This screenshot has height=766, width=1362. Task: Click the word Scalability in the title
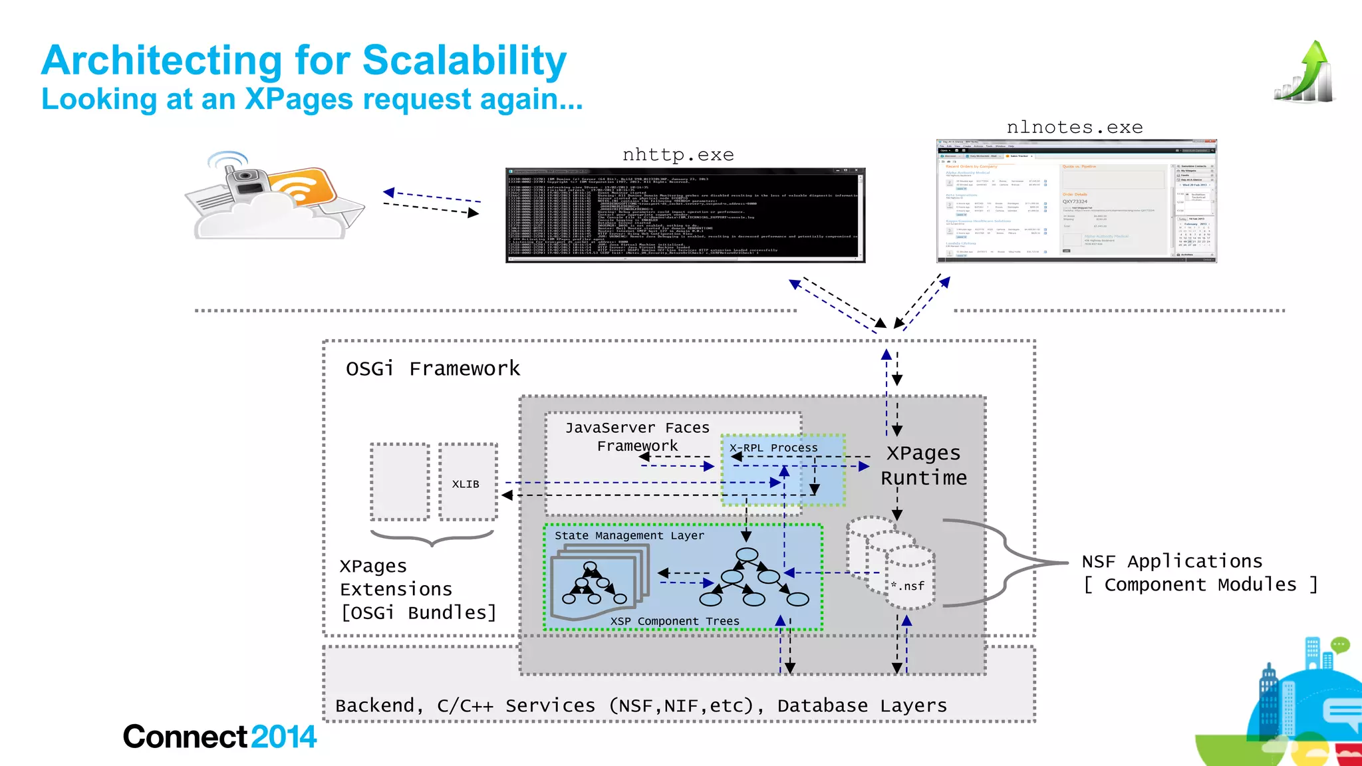coord(464,61)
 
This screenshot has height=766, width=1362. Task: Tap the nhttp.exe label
coord(678,155)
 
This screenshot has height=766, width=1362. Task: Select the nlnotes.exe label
coord(1074,127)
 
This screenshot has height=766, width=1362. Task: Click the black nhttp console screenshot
coord(685,215)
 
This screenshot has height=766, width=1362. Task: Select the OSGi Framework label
coord(432,368)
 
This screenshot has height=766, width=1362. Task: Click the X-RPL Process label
coord(773,447)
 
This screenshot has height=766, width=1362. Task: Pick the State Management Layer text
coord(628,535)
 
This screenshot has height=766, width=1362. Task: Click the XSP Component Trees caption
coord(674,621)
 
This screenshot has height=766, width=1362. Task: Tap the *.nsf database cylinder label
coord(908,586)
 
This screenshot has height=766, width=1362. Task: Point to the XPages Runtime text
coord(923,465)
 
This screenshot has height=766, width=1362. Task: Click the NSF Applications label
coord(1171,561)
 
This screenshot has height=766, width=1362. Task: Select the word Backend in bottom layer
coord(376,705)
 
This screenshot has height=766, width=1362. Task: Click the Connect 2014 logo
coord(219,737)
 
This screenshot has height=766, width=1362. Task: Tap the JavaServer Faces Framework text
coord(637,436)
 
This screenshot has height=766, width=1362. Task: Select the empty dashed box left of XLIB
coord(400,481)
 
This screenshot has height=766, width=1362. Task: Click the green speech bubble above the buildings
coord(1340,644)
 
